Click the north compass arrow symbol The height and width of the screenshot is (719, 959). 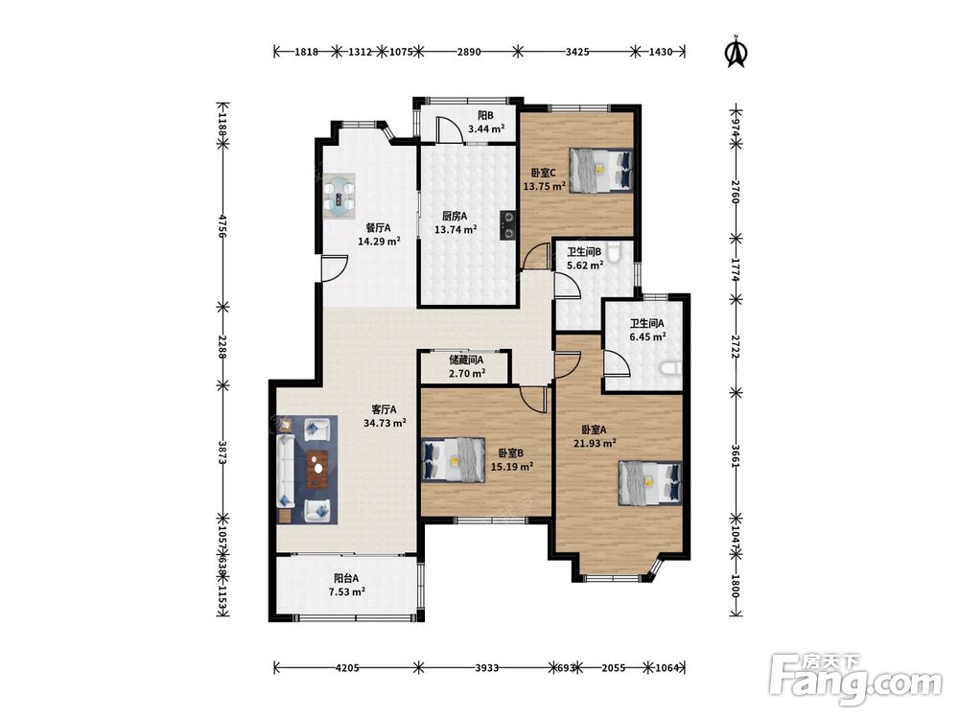coord(736,52)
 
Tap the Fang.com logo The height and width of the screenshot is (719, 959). coord(855,678)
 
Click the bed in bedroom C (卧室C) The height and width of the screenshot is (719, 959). coord(600,170)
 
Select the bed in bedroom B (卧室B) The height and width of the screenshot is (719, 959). coord(454,460)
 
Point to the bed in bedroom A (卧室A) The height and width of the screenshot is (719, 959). coord(650,483)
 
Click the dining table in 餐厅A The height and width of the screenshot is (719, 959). coord(339,197)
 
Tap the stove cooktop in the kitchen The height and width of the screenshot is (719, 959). coord(509,223)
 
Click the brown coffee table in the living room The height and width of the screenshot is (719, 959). coord(317,469)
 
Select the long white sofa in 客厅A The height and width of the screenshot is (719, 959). coord(285,471)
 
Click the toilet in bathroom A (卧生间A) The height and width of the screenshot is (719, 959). coord(670,368)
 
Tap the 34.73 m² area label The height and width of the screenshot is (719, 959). coord(385,423)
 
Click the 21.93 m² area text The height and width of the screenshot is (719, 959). coord(594,443)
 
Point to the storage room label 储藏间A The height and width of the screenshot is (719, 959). coord(466,360)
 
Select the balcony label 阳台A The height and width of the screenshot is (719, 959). coord(346,578)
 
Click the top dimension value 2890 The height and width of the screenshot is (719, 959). coord(469,52)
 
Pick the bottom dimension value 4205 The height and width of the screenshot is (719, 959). coord(347,667)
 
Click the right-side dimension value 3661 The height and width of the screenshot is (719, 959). coord(736,456)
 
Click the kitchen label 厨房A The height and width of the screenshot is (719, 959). coord(455,216)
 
